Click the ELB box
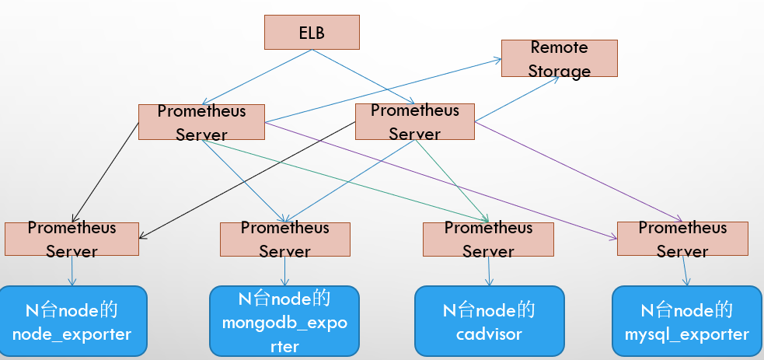coord(312,32)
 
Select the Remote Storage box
coord(560,58)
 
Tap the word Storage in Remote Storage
coord(560,71)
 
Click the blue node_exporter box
coord(72,321)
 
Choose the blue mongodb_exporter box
coord(284,321)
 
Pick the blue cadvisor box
coord(490,321)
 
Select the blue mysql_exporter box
coord(687,321)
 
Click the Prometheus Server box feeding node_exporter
coord(72,239)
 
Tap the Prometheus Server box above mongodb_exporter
coord(285,239)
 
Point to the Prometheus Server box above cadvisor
coord(488,239)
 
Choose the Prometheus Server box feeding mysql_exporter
coord(682,239)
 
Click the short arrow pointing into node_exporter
coord(72,271)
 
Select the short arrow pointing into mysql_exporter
coord(685,271)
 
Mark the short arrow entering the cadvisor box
coord(489,271)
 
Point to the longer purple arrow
coord(441,180)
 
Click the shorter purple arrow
coord(578,172)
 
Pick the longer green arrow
coord(344,180)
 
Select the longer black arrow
coord(247,180)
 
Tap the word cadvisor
coord(489,334)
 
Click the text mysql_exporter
coord(687,334)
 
